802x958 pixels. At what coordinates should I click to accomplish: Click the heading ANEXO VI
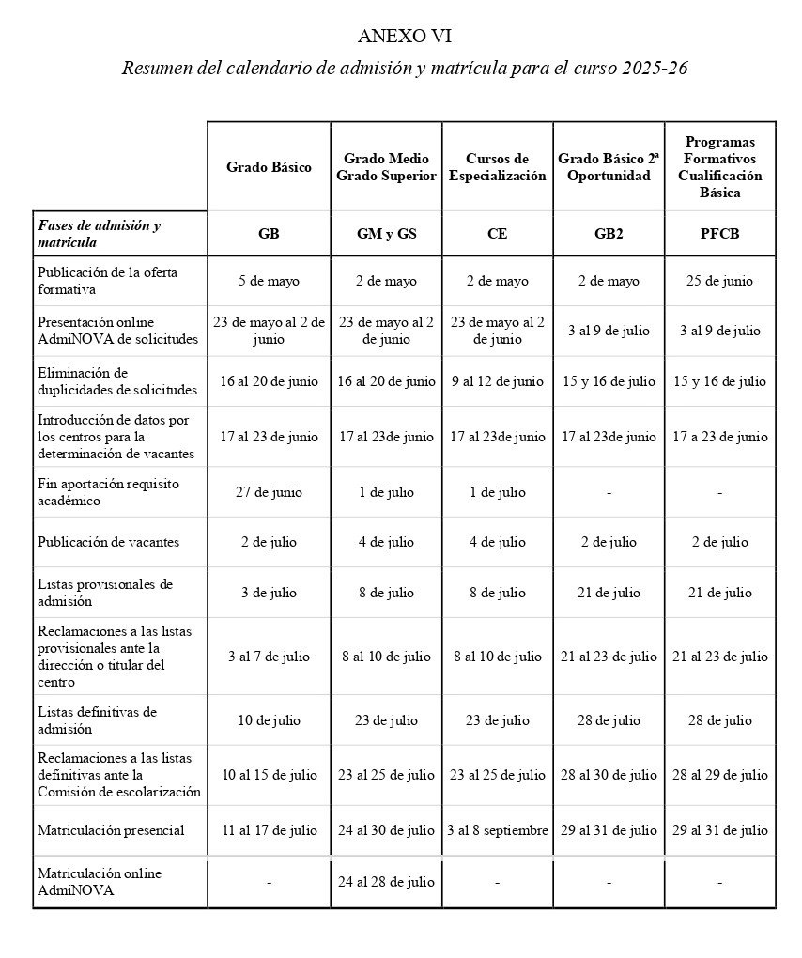tap(405, 37)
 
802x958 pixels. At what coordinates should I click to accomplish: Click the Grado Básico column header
tap(269, 167)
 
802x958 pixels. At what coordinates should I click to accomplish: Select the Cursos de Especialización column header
tap(497, 167)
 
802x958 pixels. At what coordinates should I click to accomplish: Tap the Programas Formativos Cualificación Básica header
tap(719, 167)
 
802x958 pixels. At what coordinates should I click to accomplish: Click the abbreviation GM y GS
tap(387, 234)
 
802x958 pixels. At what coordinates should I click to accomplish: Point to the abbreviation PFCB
tap(719, 234)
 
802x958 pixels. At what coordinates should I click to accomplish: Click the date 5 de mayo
tap(269, 281)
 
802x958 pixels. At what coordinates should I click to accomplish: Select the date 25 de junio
tap(719, 281)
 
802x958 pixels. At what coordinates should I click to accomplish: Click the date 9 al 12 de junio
tap(497, 381)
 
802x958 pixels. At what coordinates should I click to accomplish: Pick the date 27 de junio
tap(269, 492)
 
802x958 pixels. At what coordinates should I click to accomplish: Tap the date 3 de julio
tap(269, 593)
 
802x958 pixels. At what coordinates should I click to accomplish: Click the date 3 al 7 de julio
tap(269, 657)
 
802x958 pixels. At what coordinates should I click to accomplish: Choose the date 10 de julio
tap(269, 720)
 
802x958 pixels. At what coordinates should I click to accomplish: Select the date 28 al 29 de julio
tap(719, 775)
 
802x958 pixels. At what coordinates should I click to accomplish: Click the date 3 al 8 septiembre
tap(497, 830)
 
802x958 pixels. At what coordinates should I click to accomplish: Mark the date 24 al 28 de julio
tap(387, 882)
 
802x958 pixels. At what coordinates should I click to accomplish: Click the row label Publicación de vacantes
tap(108, 542)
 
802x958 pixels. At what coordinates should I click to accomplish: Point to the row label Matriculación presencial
tap(111, 830)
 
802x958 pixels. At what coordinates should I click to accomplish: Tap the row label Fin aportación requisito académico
tap(108, 492)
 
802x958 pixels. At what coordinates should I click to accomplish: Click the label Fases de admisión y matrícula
tap(99, 234)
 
